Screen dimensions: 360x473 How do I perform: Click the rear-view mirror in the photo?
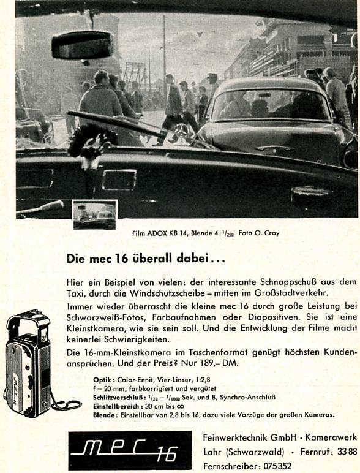pyautogui.click(x=83, y=45)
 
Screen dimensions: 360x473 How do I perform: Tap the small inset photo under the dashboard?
pyautogui.click(x=94, y=214)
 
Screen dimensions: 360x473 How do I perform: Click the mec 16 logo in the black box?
pyautogui.click(x=130, y=451)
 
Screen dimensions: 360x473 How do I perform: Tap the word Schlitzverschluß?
pyautogui.click(x=111, y=397)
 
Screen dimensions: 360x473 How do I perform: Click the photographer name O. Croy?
pyautogui.click(x=267, y=233)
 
